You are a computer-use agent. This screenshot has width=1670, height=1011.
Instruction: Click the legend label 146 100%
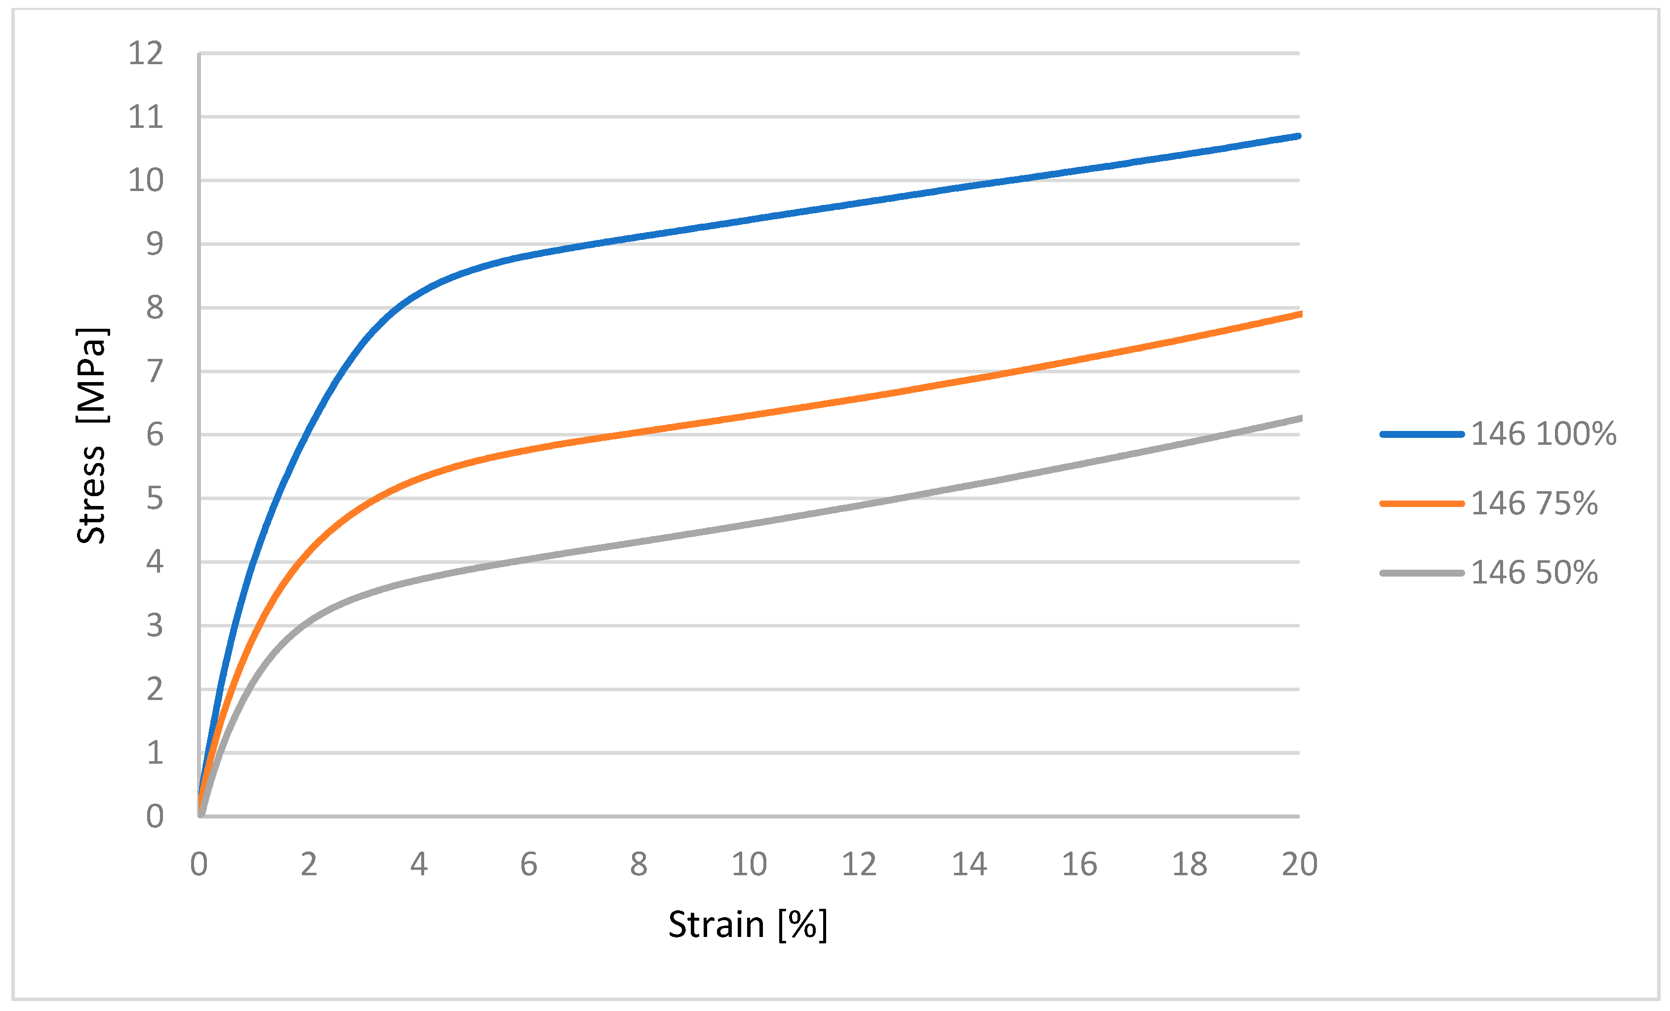click(x=1543, y=433)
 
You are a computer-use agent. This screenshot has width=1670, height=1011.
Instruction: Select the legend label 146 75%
click(x=1534, y=504)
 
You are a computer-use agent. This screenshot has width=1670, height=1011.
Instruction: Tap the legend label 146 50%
click(x=1534, y=573)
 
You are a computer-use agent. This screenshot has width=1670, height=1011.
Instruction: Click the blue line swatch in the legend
click(x=1421, y=433)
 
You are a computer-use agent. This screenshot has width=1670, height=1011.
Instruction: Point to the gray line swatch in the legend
click(x=1421, y=573)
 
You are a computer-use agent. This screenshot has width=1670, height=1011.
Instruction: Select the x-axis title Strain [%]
click(x=748, y=924)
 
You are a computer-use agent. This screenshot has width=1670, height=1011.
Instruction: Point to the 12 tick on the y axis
click(x=146, y=53)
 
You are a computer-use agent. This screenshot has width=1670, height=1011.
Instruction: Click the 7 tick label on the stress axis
click(x=155, y=371)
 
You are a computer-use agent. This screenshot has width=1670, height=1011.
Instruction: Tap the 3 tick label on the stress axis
click(x=155, y=625)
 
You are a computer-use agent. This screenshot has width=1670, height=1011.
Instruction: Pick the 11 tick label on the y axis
click(x=146, y=117)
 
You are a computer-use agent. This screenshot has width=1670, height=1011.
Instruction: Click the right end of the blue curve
click(x=1298, y=136)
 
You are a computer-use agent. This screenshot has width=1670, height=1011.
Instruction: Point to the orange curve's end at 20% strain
click(x=1299, y=314)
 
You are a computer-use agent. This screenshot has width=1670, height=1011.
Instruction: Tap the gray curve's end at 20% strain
click(x=1299, y=419)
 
